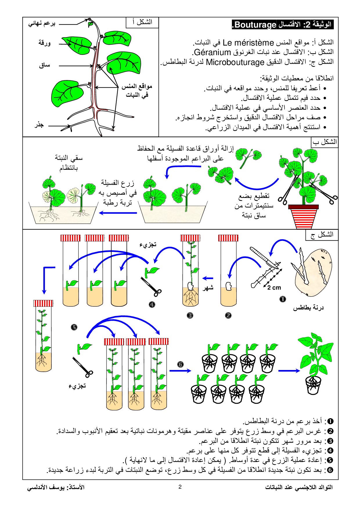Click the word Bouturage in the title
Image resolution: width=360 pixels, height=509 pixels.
click(x=255, y=25)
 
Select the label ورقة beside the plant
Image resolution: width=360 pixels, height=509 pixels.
click(x=44, y=43)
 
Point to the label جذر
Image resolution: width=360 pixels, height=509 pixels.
click(x=39, y=125)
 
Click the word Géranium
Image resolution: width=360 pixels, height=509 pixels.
click(x=212, y=52)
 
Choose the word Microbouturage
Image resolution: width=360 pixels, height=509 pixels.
click(x=235, y=62)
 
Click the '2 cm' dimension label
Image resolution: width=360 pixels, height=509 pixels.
click(x=274, y=288)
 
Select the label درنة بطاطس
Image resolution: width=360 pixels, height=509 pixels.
click(x=308, y=308)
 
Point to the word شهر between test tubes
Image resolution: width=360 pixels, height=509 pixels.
click(x=208, y=287)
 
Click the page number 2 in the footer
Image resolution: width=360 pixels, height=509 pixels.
click(x=180, y=487)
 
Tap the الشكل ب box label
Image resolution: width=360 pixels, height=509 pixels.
click(x=325, y=142)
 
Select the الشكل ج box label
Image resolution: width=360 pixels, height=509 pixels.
click(x=322, y=234)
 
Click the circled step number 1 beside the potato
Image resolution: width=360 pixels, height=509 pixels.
click(x=282, y=299)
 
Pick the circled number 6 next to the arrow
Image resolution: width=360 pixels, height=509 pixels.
click(x=180, y=364)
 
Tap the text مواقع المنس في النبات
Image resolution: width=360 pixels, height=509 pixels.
click(x=137, y=90)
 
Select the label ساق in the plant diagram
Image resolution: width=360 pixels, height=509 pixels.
click(x=45, y=65)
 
